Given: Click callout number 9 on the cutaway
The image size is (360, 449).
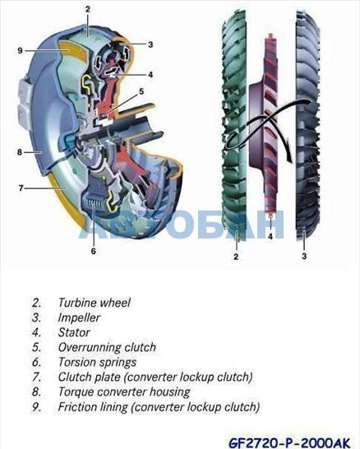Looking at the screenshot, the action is click(20, 51).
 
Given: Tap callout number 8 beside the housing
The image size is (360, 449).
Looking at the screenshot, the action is click(20, 152).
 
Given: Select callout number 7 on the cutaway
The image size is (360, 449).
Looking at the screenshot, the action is click(21, 188).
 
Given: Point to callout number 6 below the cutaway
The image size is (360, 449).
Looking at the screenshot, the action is click(94, 251).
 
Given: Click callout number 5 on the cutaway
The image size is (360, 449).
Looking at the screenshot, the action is click(141, 91).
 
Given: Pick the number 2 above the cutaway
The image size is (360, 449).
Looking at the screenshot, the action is click(88, 9).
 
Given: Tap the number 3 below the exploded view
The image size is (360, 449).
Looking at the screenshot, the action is click(304, 256).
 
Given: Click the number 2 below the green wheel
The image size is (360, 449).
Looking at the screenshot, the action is click(236, 257).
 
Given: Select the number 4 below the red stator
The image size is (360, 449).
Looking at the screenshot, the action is click(270, 237).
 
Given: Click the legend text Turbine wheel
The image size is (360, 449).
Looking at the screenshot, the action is click(95, 303).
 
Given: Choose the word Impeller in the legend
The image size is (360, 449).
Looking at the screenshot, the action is click(79, 317).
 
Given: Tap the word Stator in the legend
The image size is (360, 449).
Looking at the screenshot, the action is click(74, 332).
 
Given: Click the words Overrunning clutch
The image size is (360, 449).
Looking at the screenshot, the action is click(107, 347).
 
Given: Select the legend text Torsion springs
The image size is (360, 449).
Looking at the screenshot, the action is click(97, 362).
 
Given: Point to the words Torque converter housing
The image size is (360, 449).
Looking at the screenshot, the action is click(124, 391).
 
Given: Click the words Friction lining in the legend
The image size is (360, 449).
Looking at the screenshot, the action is click(93, 406).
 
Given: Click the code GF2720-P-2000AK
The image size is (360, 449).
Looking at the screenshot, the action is click(289, 442).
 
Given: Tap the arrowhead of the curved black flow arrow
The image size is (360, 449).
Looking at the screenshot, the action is click(288, 158).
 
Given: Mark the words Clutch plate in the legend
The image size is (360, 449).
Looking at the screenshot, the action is click(89, 377).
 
